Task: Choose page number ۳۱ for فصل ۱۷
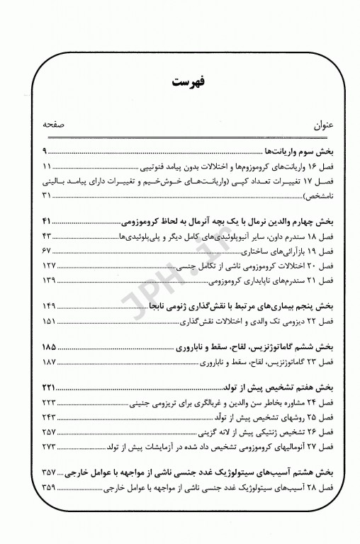pyautogui.click(x=47, y=195)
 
